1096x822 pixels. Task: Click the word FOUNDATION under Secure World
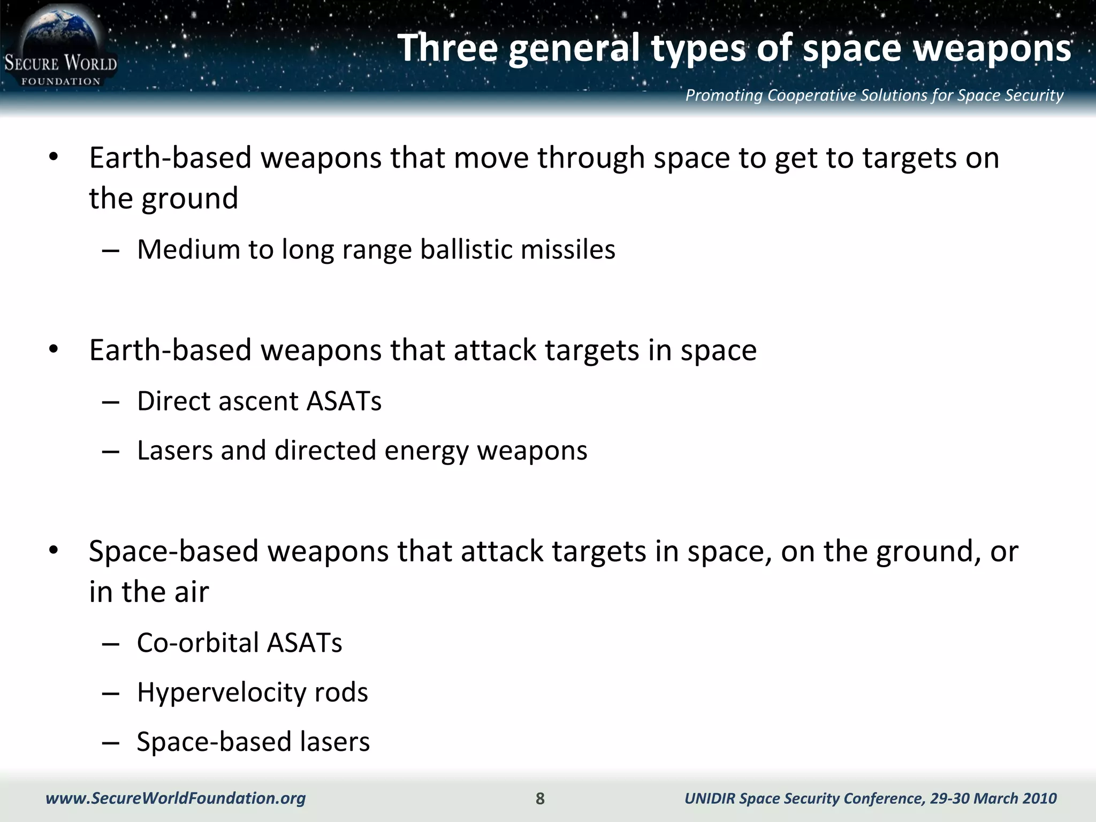(x=60, y=81)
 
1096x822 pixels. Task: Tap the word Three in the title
(x=447, y=48)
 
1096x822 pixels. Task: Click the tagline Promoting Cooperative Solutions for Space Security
(x=874, y=95)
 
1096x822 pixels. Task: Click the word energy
(x=427, y=451)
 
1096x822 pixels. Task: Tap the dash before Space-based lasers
(x=110, y=743)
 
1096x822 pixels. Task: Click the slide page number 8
(x=540, y=798)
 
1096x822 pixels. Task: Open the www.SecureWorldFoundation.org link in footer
(x=176, y=798)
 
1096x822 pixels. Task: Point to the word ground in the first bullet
(x=189, y=199)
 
